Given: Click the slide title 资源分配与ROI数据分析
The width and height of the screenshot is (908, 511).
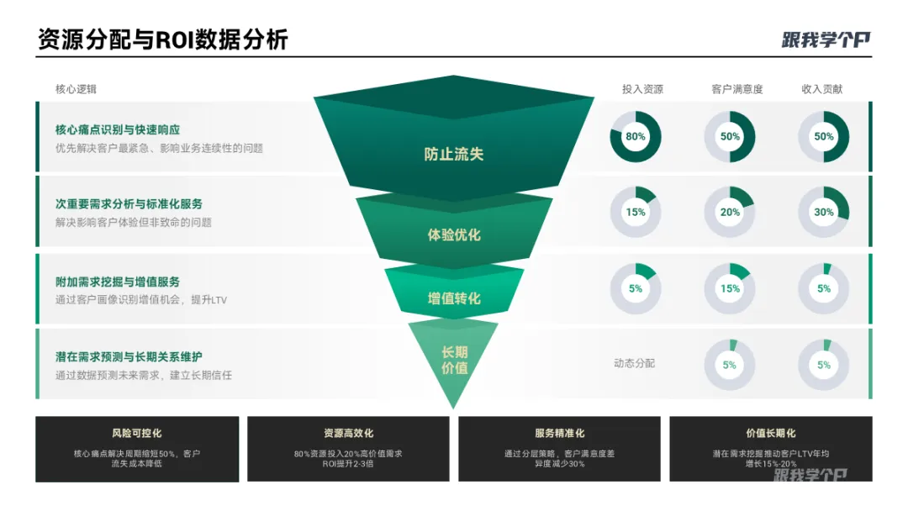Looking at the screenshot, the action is pos(162,40).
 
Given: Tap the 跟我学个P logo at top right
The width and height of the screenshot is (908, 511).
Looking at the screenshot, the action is pos(826,40).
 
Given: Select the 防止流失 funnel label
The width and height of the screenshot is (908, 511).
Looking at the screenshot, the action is pos(454,154).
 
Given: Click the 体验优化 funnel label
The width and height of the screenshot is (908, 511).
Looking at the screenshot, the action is pos(454,234).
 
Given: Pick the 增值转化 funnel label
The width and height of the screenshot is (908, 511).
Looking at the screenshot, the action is pos(454,298).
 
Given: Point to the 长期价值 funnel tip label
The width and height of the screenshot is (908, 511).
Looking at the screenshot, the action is pos(454,360).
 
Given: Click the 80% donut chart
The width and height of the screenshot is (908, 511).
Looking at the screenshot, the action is pos(636,136).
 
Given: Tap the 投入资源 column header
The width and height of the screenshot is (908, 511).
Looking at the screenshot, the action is pos(642,89).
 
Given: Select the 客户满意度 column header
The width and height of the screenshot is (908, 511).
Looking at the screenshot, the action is pos(736,89).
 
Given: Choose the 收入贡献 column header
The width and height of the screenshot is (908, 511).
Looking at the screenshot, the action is pos(822,89).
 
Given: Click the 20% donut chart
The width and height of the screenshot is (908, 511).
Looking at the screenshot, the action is pos(730,212).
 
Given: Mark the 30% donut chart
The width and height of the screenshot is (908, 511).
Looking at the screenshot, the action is pos(824,212).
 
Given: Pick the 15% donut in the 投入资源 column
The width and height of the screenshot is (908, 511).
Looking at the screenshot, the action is pos(636,212).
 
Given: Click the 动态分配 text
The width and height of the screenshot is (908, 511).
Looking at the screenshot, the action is pos(634,363).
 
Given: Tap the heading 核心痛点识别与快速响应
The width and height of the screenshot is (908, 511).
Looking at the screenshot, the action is pos(118,129).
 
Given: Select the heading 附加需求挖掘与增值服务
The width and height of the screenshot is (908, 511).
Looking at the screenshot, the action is pos(118,282).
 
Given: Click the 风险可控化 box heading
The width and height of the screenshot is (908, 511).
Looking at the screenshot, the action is pos(136,434).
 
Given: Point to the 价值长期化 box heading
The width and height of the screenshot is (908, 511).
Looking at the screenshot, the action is pos(770,434).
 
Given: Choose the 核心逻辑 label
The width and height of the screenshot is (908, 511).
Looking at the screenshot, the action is pos(76,89).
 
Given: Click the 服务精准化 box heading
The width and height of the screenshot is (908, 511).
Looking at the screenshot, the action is pos(559,434).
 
